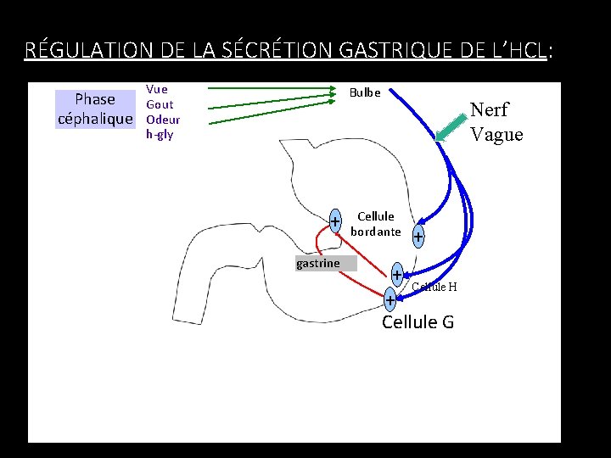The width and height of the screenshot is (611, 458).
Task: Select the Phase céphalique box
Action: pyautogui.click(x=95, y=109)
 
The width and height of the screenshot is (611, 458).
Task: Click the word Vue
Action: pyautogui.click(x=157, y=89)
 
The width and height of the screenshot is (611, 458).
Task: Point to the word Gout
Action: pyautogui.click(x=160, y=104)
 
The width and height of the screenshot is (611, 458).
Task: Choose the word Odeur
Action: pyautogui.click(x=163, y=120)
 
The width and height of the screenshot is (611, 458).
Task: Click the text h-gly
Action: pyautogui.click(x=160, y=134)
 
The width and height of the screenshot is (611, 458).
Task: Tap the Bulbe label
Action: pyautogui.click(x=365, y=92)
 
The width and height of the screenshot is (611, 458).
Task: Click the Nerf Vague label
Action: pyautogui.click(x=496, y=122)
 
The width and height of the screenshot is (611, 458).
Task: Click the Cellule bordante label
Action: pyautogui.click(x=376, y=224)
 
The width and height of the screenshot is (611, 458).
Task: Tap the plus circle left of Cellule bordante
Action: pyautogui.click(x=335, y=221)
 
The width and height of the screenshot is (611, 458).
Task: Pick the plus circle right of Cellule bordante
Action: pyautogui.click(x=418, y=237)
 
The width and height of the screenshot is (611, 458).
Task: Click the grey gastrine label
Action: pyautogui.click(x=318, y=264)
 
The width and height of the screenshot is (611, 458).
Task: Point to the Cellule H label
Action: pyautogui.click(x=434, y=287)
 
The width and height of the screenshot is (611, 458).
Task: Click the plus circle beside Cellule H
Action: pyautogui.click(x=396, y=275)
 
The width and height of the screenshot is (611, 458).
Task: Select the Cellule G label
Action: pyautogui.click(x=418, y=322)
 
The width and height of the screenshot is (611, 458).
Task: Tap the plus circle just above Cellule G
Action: pyautogui.click(x=389, y=300)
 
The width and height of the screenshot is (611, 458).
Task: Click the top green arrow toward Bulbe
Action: pyautogui.click(x=272, y=87)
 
